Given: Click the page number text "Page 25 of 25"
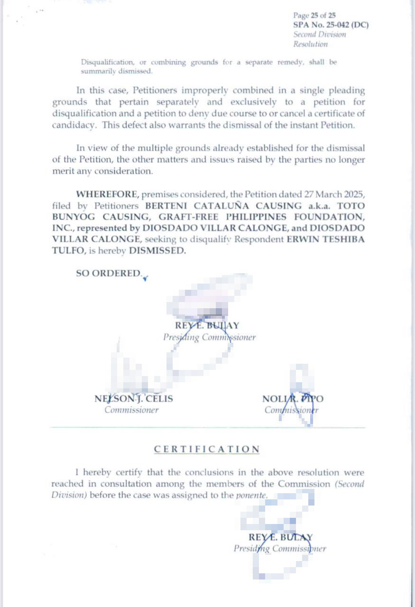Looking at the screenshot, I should tap(314, 16).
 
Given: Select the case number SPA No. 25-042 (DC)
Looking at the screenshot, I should tap(331, 25).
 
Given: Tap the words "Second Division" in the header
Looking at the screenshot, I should tap(319, 35).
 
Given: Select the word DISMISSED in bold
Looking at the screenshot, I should tap(157, 251).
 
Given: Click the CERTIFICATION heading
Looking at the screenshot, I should tap(207, 449).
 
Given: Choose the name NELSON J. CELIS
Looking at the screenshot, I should tap(134, 399).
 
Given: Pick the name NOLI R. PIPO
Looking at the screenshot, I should tap(293, 399).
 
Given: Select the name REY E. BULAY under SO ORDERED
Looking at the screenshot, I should tap(207, 326).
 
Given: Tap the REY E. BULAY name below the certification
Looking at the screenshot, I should tap(280, 537).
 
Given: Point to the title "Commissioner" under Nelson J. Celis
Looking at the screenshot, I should tap(131, 410).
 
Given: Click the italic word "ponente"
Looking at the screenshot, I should tap(252, 496).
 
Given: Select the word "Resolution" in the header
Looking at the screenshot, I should tap(310, 44).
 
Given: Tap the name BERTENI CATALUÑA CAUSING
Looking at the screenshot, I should tap(223, 206).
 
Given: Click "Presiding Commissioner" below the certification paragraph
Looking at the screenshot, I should tap(280, 549).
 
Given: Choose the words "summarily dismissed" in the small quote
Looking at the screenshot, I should tap(117, 71).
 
